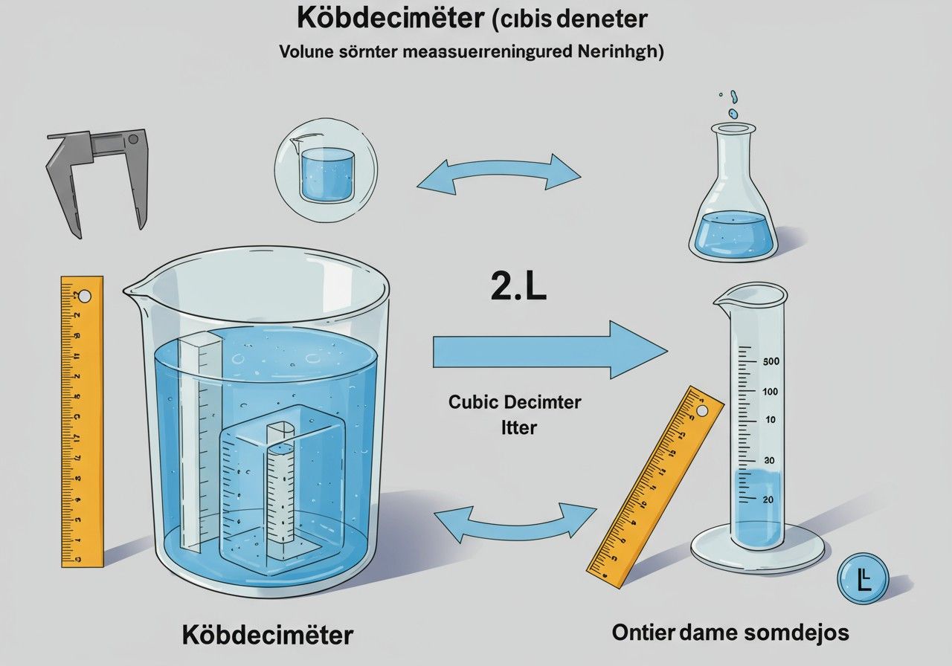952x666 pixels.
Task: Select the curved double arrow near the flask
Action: tap(498, 174)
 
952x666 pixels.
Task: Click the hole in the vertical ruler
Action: tap(84, 297)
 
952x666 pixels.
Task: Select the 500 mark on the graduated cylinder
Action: tap(771, 361)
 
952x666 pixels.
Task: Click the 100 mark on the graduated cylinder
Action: tap(771, 392)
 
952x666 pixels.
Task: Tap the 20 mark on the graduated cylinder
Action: tap(768, 499)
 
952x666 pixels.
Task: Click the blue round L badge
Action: tap(863, 578)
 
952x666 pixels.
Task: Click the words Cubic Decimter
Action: tap(515, 402)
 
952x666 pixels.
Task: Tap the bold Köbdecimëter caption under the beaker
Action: tap(267, 636)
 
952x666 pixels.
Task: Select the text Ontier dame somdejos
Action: tap(730, 633)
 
